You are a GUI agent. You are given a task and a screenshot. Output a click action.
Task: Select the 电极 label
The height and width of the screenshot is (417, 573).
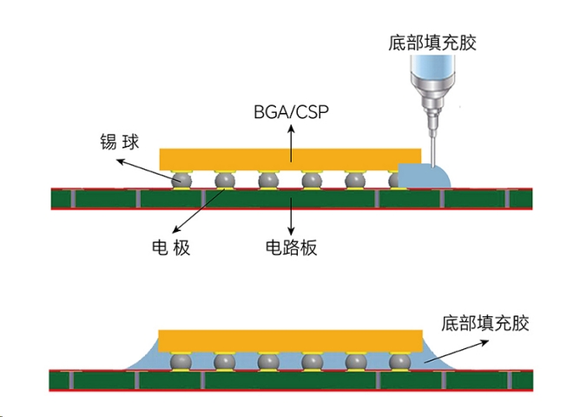point(165,247)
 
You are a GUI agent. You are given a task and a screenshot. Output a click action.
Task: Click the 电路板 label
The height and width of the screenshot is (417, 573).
point(291,247)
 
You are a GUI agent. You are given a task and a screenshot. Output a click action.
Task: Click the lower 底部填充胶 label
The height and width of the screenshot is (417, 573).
point(485,323)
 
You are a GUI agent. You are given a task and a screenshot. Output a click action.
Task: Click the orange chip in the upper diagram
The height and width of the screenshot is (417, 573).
point(278,158)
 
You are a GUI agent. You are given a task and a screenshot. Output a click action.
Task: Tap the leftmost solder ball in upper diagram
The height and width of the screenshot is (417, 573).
point(181,181)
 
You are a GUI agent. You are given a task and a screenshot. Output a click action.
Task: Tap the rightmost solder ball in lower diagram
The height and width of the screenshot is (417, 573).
point(398,361)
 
